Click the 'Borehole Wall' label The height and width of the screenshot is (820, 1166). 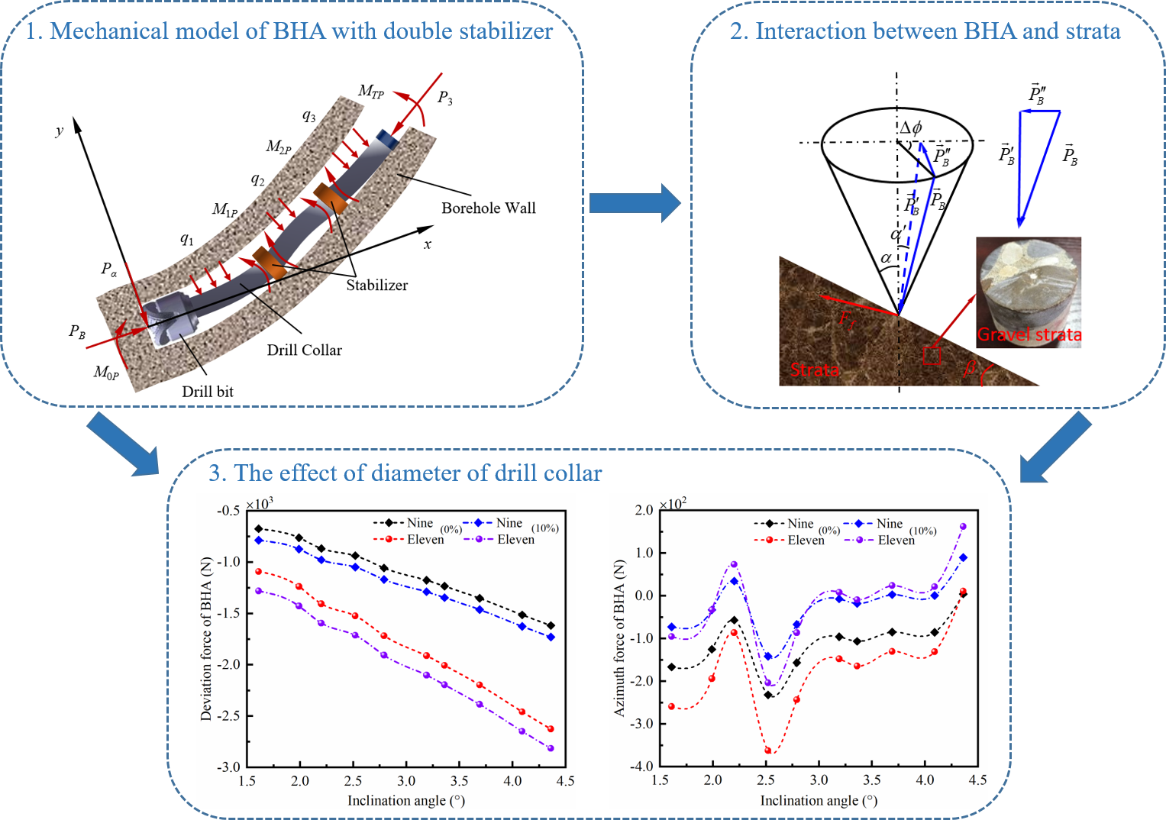[x=488, y=208]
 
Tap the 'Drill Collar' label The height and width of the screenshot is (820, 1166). [x=304, y=350]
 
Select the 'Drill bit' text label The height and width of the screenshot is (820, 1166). [x=208, y=392]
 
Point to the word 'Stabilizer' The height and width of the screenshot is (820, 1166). [x=376, y=286]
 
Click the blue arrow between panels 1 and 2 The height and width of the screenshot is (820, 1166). [x=635, y=203]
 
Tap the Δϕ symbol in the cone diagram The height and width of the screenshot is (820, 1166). [x=910, y=128]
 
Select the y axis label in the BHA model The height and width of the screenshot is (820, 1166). [x=60, y=131]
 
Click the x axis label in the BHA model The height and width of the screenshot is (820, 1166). [x=428, y=244]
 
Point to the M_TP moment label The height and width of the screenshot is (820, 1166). [x=371, y=92]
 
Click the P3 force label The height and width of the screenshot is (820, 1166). [x=444, y=98]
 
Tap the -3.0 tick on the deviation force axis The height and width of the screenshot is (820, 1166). [x=229, y=767]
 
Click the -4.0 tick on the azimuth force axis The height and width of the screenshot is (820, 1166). [x=644, y=767]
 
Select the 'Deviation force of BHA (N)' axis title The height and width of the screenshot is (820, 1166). [x=206, y=638]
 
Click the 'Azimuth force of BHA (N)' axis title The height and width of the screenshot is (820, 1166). [x=619, y=638]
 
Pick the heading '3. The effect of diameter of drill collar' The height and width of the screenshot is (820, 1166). [x=405, y=473]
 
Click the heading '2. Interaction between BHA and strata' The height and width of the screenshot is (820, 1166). [x=925, y=31]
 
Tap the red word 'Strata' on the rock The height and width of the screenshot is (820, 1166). [x=814, y=370]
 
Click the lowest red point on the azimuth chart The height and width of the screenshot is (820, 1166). [x=768, y=751]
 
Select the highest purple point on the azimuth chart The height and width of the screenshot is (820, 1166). [x=963, y=526]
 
